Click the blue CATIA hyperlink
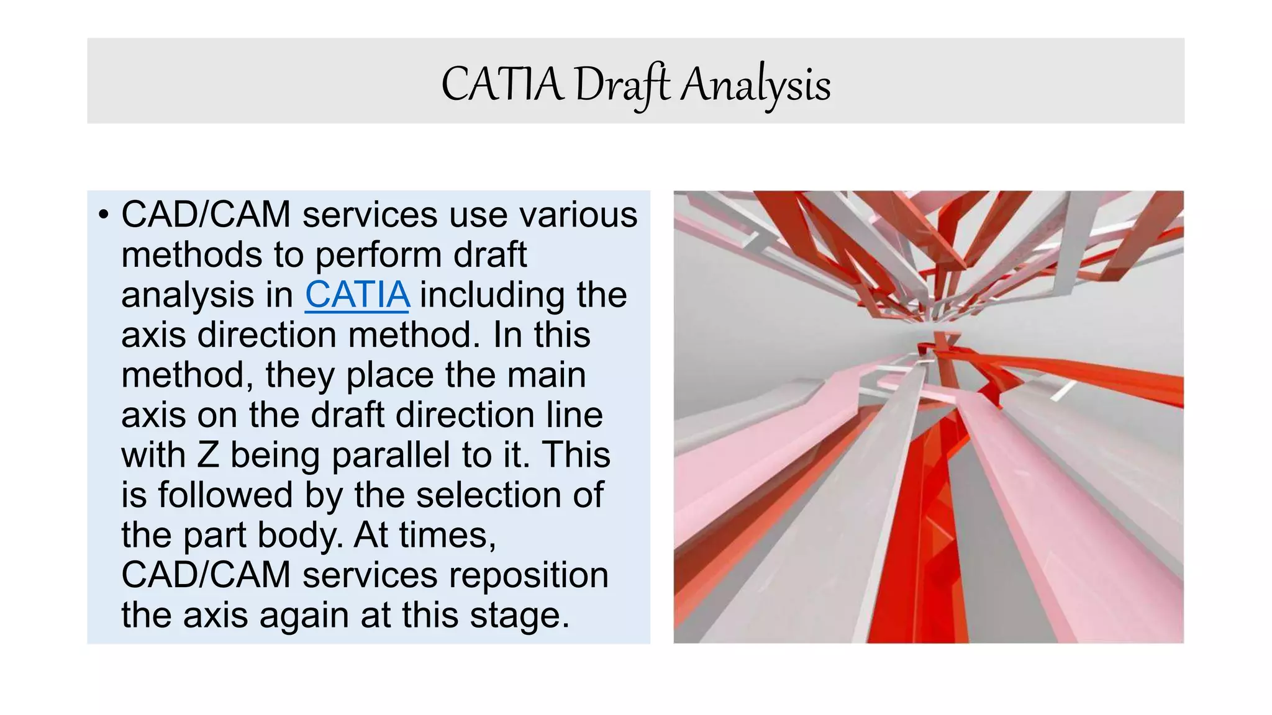pos(357,294)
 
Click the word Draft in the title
pos(622,85)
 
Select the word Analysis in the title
pos(755,85)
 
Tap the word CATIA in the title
pos(502,85)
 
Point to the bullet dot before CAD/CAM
pos(103,215)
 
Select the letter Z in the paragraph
pos(208,455)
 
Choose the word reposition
pos(529,575)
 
